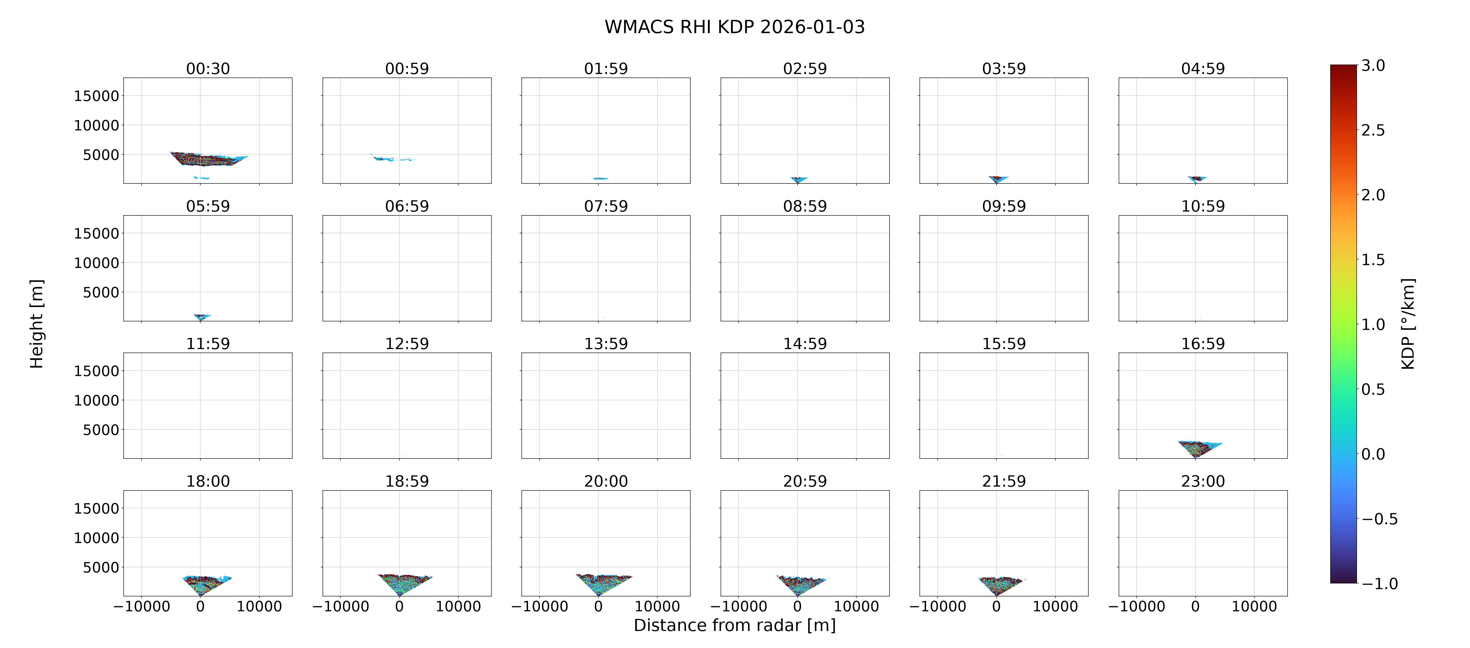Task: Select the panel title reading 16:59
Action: click(x=1203, y=343)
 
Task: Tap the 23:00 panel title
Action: click(x=1203, y=481)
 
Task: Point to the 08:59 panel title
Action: click(x=805, y=206)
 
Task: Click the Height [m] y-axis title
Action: click(x=37, y=324)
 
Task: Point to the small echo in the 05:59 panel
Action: click(x=201, y=317)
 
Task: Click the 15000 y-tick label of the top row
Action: click(x=97, y=96)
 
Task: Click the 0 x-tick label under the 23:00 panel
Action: click(x=1196, y=606)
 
